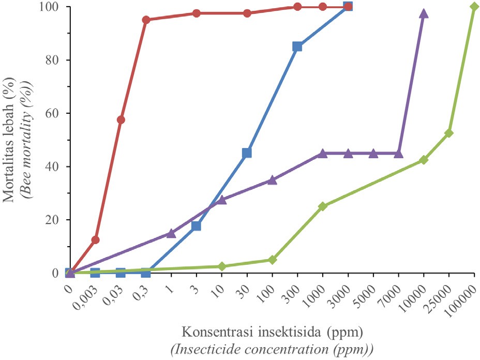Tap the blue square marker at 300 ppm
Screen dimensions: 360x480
[297, 47]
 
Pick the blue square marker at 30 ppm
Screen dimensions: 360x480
[247, 153]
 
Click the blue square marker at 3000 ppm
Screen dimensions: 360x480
[348, 6]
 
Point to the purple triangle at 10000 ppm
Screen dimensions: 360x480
[424, 13]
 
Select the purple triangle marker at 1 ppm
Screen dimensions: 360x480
[171, 233]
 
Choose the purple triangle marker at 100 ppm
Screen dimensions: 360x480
[272, 180]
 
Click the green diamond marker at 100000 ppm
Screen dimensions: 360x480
[474, 6]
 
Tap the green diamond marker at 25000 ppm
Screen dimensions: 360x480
[449, 133]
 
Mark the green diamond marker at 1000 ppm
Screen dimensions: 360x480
[323, 206]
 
